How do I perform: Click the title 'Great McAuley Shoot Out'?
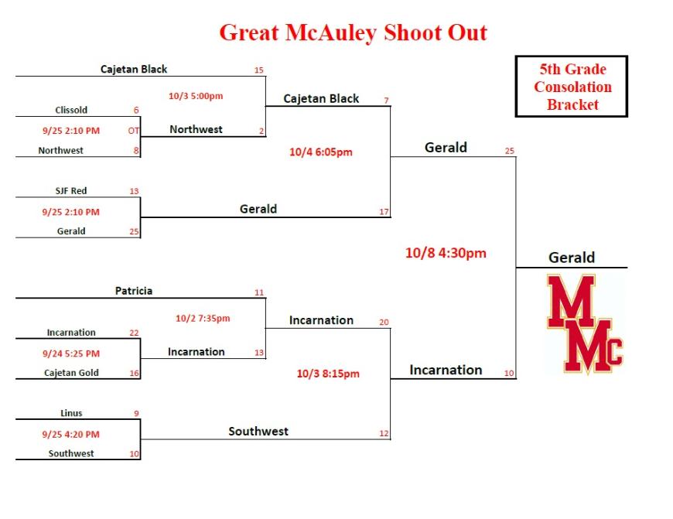pos(354,33)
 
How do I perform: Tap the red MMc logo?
pos(585,323)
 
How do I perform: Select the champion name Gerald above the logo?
pos(572,258)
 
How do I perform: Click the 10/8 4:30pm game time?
pos(446,253)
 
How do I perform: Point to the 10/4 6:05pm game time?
pos(320,152)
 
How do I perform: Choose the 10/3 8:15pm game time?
pos(328,374)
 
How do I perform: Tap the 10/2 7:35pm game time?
pos(203,318)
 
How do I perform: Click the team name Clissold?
pos(71,110)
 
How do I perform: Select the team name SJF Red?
pos(71,190)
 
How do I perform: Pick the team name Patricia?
pos(134,291)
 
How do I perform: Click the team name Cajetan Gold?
pos(71,373)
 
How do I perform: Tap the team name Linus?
pos(71,413)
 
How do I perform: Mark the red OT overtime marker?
pos(134,131)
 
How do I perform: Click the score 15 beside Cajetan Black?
pos(259,70)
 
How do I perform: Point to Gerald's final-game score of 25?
pos(510,151)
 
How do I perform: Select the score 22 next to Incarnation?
pos(134,333)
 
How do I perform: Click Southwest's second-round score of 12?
pos(384,434)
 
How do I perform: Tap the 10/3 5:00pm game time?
pos(196,96)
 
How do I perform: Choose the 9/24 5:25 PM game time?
pos(71,353)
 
